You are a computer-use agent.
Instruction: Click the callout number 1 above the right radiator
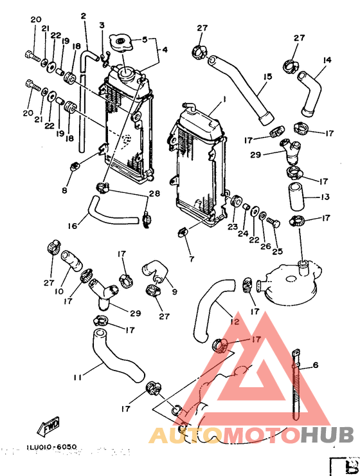tap(224, 100)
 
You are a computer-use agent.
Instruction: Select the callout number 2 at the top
tap(83, 15)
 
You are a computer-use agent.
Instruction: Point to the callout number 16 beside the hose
tap(73, 226)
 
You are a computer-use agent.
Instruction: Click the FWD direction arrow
tap(50, 426)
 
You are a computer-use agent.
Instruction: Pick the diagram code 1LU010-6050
tap(53, 446)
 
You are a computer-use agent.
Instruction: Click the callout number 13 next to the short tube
tap(325, 197)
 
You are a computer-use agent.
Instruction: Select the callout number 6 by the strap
tap(316, 365)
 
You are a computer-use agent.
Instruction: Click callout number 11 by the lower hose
tap(77, 377)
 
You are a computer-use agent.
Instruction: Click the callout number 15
tap(267, 77)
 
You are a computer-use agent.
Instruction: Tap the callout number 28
tap(154, 194)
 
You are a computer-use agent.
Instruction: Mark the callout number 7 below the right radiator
tap(192, 258)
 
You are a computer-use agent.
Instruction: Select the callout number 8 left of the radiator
tap(65, 191)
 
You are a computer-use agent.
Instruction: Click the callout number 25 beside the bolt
tap(278, 252)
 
